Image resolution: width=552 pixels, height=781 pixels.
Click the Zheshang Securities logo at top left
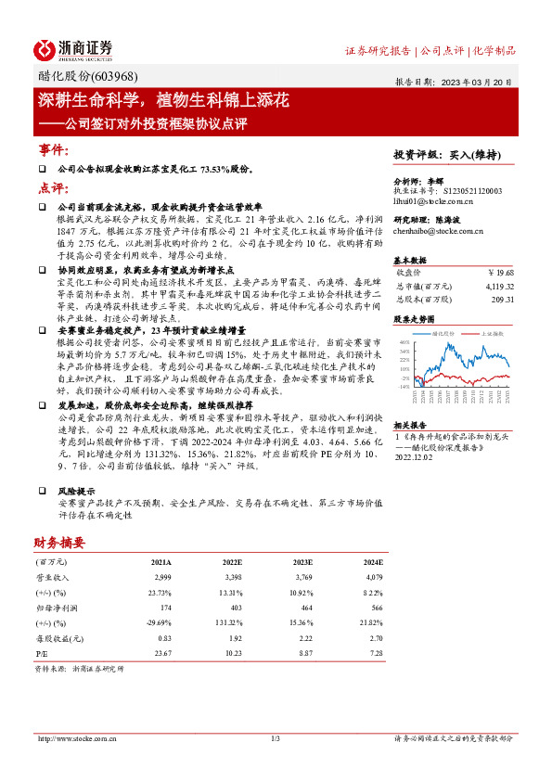coord(73,48)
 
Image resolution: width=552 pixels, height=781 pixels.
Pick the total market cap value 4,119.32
coord(497,287)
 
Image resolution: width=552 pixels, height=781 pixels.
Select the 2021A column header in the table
coord(160,562)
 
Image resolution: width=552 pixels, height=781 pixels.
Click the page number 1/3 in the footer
coord(276,738)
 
